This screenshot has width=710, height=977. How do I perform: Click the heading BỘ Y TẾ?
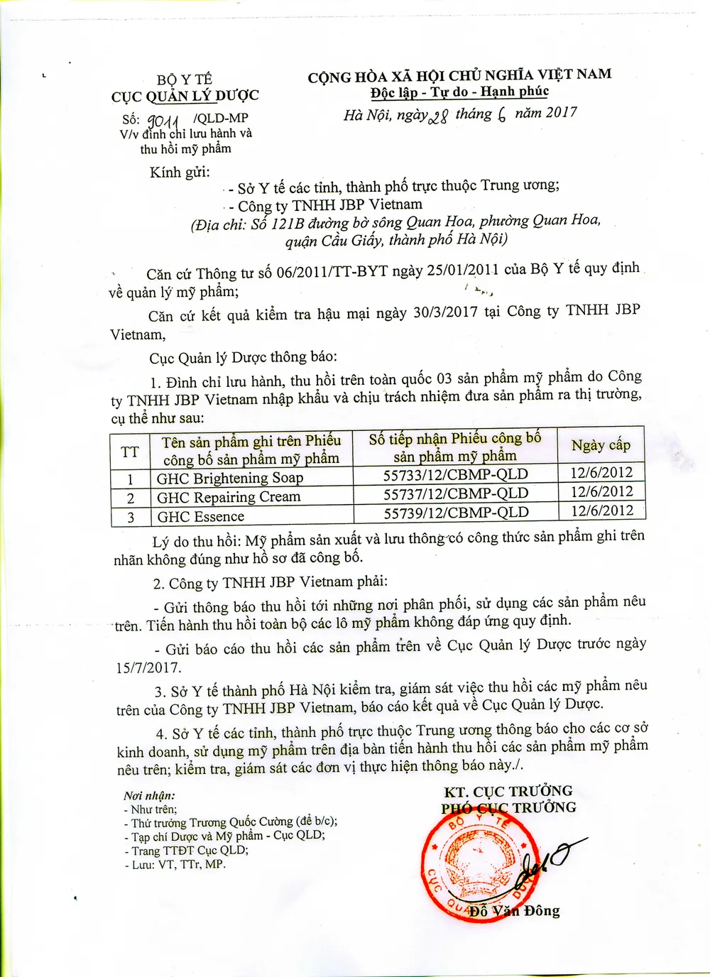pyautogui.click(x=185, y=80)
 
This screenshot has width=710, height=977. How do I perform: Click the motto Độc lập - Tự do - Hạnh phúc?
pyautogui.click(x=459, y=92)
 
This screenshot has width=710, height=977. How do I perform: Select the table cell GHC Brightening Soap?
pyautogui.click(x=230, y=478)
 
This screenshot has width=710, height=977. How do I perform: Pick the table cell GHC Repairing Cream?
pyautogui.click(x=229, y=497)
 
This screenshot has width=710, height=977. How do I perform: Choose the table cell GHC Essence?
pyautogui.click(x=201, y=516)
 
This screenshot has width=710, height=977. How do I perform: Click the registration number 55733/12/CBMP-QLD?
pyautogui.click(x=456, y=474)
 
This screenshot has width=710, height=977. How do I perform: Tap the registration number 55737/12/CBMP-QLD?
pyautogui.click(x=456, y=493)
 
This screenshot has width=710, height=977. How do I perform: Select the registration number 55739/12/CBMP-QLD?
pyautogui.click(x=457, y=513)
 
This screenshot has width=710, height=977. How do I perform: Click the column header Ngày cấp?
pyautogui.click(x=601, y=445)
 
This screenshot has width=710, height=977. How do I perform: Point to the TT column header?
pyautogui.click(x=130, y=452)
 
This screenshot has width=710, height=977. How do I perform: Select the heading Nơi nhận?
pyautogui.click(x=149, y=796)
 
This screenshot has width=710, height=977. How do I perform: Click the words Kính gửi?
pyautogui.click(x=180, y=173)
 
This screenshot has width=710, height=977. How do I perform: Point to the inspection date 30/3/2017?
pyautogui.click(x=445, y=312)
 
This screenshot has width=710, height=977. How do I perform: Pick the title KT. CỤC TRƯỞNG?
pyautogui.click(x=508, y=791)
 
